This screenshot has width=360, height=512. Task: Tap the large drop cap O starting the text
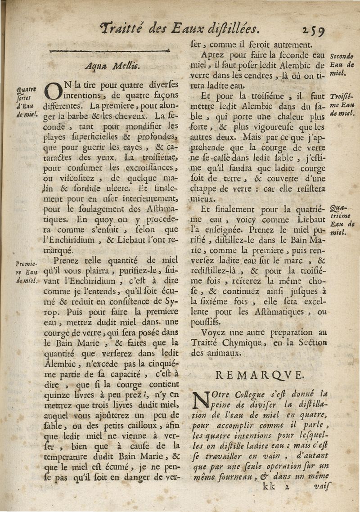click(x=53, y=92)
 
